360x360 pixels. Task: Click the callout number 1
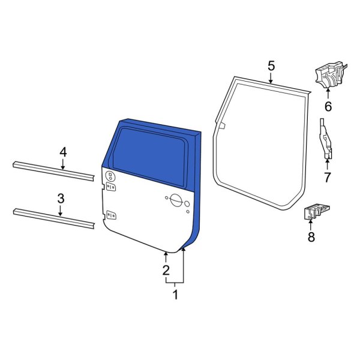(x=175, y=295)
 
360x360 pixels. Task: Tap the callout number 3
(x=61, y=198)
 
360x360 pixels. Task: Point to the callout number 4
(x=63, y=154)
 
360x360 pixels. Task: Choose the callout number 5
(x=271, y=65)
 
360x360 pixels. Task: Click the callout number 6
(x=328, y=107)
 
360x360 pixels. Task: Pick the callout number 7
(x=328, y=177)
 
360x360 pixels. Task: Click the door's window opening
(x=150, y=152)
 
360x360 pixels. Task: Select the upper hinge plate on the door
(x=110, y=176)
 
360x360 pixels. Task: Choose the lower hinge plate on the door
(x=110, y=215)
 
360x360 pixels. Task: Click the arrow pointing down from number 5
(x=271, y=77)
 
